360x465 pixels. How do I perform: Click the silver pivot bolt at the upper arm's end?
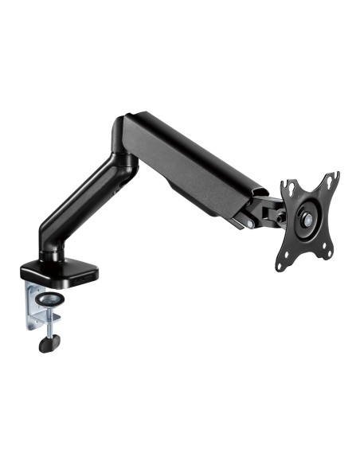tap(252, 224)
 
